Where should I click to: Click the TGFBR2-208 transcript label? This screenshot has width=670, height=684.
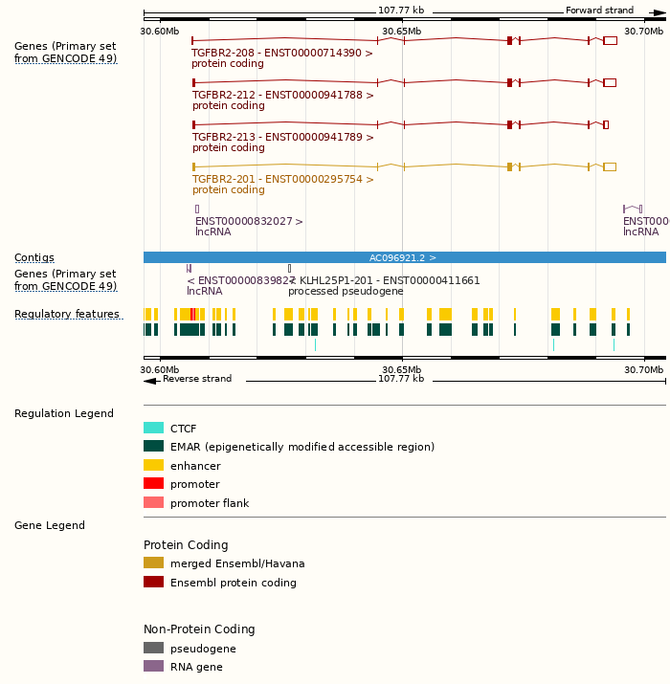click(x=282, y=54)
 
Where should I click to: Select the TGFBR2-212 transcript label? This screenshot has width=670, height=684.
click(x=282, y=96)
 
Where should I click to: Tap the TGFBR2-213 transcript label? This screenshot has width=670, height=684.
click(x=282, y=138)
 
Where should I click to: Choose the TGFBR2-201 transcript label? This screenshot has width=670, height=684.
click(x=282, y=180)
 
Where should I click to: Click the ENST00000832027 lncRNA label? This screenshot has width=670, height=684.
click(x=249, y=222)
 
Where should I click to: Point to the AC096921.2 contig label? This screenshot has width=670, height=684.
click(x=403, y=258)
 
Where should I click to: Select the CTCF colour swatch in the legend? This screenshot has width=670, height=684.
click(x=153, y=429)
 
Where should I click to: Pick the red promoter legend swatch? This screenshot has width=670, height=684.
click(x=153, y=484)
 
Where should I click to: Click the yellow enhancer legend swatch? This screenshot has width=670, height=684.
click(x=153, y=466)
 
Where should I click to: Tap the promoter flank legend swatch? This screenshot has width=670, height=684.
click(x=153, y=503)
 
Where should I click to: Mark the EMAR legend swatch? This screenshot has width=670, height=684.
click(x=153, y=447)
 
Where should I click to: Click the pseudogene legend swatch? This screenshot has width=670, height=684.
click(x=153, y=649)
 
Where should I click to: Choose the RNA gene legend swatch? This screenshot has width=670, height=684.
click(x=153, y=667)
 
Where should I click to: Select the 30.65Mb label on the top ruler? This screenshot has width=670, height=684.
click(x=401, y=32)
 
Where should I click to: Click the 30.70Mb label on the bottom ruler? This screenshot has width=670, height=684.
click(x=644, y=370)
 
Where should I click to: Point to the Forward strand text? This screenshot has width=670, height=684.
click(x=599, y=11)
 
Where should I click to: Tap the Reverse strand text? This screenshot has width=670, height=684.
click(x=197, y=379)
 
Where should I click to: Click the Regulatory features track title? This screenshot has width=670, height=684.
click(x=67, y=315)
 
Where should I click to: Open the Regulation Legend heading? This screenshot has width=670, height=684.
click(x=64, y=414)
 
